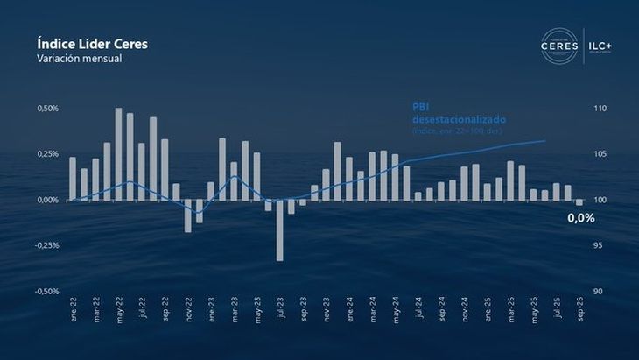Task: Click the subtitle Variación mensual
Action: [80, 59]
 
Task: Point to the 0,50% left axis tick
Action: [48, 109]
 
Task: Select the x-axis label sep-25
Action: [579, 313]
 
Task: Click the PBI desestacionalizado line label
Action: [459, 113]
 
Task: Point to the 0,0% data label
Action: [579, 218]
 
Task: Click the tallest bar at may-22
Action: [118, 154]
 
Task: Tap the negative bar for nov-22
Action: [187, 215]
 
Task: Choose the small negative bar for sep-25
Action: [579, 202]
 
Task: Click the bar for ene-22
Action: [73, 179]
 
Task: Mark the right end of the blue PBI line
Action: [545, 140]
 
